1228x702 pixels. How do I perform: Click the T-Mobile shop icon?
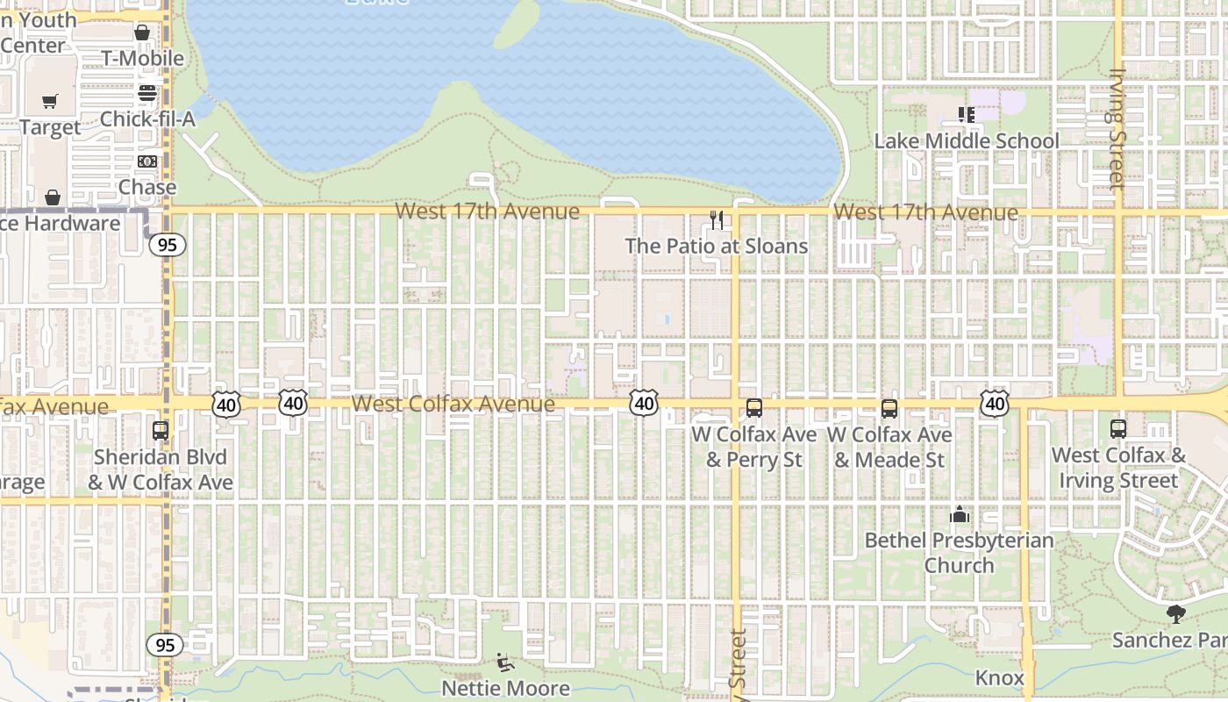tap(142, 32)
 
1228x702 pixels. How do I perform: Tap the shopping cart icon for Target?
tap(50, 102)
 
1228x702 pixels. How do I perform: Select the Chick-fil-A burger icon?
tap(147, 93)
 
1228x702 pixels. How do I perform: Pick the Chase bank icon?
tap(147, 161)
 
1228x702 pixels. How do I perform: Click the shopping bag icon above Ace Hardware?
tap(53, 197)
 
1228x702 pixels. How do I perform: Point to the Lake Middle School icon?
tap(966, 115)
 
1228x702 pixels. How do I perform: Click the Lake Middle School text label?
tap(967, 140)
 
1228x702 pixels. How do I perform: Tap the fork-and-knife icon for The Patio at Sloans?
tap(717, 220)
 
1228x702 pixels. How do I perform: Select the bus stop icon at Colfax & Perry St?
tap(754, 408)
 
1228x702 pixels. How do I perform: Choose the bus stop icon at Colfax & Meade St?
tap(889, 409)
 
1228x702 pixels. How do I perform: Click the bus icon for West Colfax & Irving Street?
tap(1118, 429)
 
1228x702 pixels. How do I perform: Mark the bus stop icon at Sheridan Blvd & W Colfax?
tap(161, 431)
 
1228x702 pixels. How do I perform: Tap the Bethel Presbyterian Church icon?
tap(960, 514)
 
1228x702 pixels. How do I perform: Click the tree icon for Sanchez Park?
tap(1176, 614)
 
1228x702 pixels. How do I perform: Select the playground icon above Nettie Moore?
tap(504, 662)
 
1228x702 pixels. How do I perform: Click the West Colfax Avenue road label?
tap(453, 404)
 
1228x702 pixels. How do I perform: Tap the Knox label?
tap(1000, 677)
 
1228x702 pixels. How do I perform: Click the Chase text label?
tap(147, 187)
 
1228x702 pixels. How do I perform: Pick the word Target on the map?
tap(50, 127)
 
